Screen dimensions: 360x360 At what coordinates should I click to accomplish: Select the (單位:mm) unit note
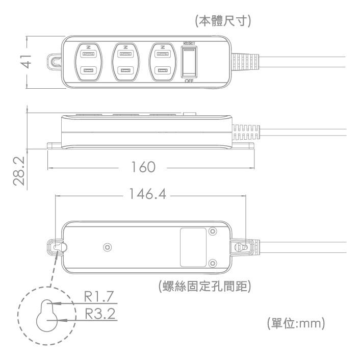click(296, 324)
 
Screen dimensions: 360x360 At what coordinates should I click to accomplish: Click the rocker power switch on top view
click(189, 62)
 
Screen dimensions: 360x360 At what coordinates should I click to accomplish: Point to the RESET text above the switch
click(189, 44)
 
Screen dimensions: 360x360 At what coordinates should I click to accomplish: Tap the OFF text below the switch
click(189, 81)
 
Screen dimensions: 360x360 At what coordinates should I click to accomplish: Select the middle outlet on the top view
click(125, 62)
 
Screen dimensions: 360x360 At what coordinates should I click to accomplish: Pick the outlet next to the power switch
click(162, 62)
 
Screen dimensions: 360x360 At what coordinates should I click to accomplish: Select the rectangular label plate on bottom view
click(193, 246)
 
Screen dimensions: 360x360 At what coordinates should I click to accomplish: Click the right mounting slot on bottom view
click(244, 247)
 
